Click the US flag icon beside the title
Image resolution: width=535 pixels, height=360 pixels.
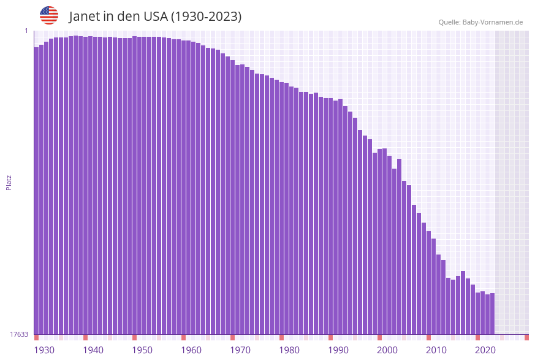49,15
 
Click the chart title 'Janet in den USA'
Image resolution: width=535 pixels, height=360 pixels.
155,17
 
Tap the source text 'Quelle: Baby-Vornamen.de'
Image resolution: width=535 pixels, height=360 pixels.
480,22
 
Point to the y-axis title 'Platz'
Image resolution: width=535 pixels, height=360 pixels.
9,182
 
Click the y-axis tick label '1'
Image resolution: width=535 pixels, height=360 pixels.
26,31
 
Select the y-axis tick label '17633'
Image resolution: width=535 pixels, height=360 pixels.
19,334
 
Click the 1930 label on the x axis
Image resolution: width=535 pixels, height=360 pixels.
44,350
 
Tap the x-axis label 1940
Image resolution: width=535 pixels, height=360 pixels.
93,350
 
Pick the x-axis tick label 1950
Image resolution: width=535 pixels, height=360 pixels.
142,350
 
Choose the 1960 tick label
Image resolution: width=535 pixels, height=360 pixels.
191,350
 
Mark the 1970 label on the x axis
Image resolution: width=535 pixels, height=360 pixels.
240,350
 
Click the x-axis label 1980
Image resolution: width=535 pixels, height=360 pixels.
289,350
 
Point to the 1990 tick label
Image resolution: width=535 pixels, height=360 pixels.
338,350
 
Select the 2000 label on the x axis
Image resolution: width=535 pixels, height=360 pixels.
387,350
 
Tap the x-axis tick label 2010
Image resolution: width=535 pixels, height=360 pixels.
436,350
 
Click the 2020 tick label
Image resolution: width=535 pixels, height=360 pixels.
485,350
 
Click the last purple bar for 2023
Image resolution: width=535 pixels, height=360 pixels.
493,313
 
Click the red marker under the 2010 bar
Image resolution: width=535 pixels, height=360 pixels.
429,337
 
